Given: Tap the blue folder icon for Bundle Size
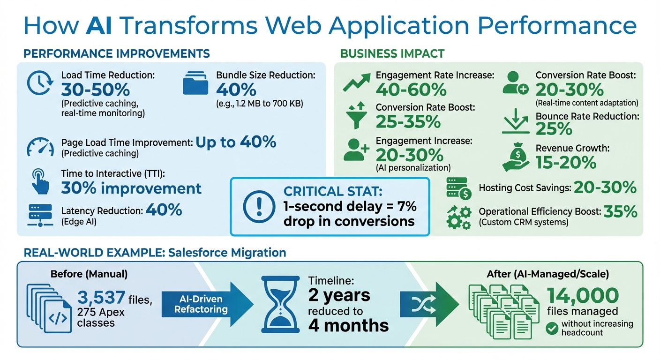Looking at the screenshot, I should (x=195, y=85).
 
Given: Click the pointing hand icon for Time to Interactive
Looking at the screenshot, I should (x=40, y=182).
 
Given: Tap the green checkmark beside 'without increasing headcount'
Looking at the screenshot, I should (x=552, y=328).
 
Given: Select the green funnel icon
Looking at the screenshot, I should (x=356, y=115).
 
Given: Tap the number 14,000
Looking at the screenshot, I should (x=583, y=295).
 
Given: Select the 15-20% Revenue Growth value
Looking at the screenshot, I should (x=566, y=162).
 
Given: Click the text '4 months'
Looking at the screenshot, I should (x=348, y=325).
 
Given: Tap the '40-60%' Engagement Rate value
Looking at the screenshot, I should (x=411, y=89).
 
